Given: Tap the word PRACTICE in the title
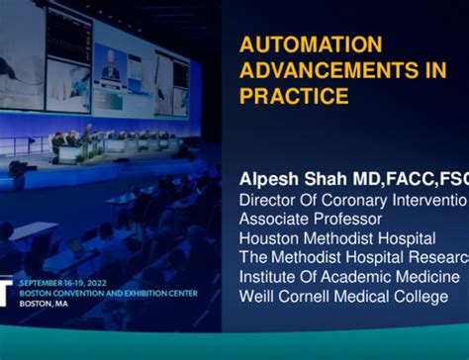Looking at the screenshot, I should (294, 96).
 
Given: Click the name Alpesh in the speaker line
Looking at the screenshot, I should (269, 179).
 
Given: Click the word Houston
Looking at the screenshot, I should (273, 238).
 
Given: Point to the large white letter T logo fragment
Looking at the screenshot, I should (5, 293).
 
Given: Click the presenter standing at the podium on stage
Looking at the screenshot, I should (87, 136).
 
